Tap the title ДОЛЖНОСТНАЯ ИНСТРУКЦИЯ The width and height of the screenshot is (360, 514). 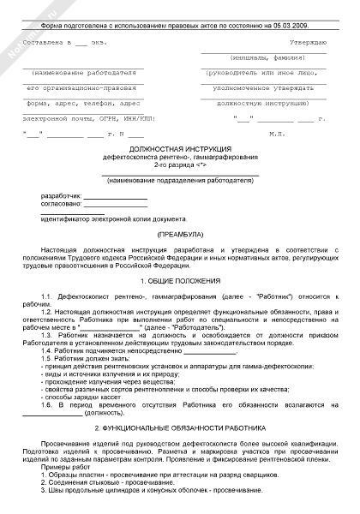179,147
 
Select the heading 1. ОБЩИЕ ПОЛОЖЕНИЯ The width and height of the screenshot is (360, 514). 180,280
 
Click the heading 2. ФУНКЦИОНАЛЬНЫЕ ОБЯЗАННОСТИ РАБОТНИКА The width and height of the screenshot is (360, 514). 180,426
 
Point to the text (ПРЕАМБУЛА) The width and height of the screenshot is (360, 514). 180,234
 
